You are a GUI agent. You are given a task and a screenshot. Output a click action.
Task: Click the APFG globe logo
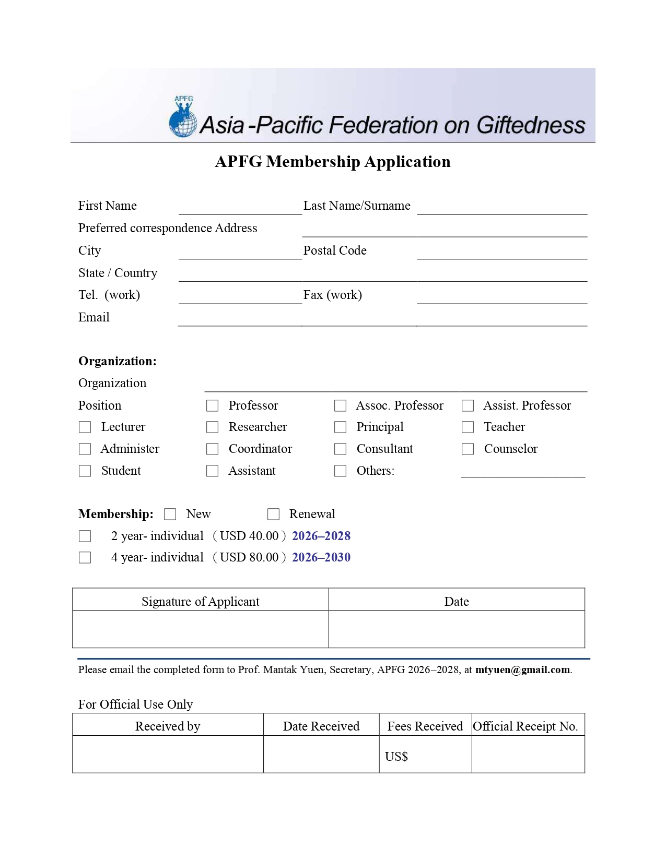183,118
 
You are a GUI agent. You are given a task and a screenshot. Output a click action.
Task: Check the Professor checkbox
212,405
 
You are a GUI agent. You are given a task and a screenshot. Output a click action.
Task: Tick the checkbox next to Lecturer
85,427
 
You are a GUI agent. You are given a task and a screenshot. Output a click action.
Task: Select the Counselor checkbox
468,449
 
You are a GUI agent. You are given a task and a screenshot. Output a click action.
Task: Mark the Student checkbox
85,471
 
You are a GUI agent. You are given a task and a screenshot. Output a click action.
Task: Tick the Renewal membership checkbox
273,514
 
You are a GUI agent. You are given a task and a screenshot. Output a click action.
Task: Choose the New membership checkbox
170,514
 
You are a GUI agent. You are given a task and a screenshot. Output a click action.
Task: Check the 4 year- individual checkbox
85,557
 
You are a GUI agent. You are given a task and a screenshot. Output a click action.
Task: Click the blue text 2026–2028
321,536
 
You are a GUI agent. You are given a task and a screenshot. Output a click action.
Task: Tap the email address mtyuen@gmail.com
522,669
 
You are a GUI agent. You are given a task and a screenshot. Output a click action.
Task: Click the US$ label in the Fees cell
396,756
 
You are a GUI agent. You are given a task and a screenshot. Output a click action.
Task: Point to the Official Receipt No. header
525,726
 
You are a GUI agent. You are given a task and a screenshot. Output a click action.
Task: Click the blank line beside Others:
522,472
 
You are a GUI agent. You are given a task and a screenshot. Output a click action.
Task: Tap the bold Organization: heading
117,361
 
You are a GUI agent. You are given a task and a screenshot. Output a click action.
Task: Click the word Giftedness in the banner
530,125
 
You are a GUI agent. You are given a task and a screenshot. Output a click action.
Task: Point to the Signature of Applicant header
200,601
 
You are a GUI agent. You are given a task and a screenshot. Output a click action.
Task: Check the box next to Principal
340,427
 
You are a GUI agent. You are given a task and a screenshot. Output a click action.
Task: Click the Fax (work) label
332,295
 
